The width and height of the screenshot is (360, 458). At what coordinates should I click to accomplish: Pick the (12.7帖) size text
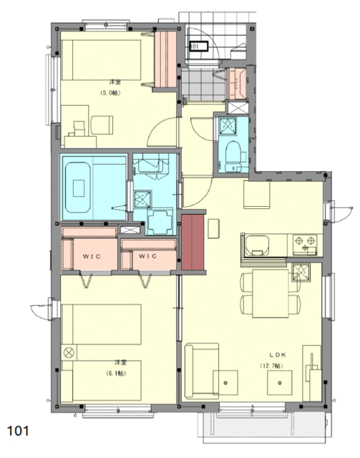272,366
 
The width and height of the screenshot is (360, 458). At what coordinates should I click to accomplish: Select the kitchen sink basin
255,246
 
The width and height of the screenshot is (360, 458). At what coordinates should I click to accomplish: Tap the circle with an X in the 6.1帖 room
69,351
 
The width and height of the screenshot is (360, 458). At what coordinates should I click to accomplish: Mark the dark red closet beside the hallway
192,243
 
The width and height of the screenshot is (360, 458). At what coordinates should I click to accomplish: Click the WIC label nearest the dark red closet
147,255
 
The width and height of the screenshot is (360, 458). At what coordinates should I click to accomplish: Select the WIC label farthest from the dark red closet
90,255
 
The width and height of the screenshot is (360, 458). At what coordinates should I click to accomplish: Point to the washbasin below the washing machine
159,221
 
